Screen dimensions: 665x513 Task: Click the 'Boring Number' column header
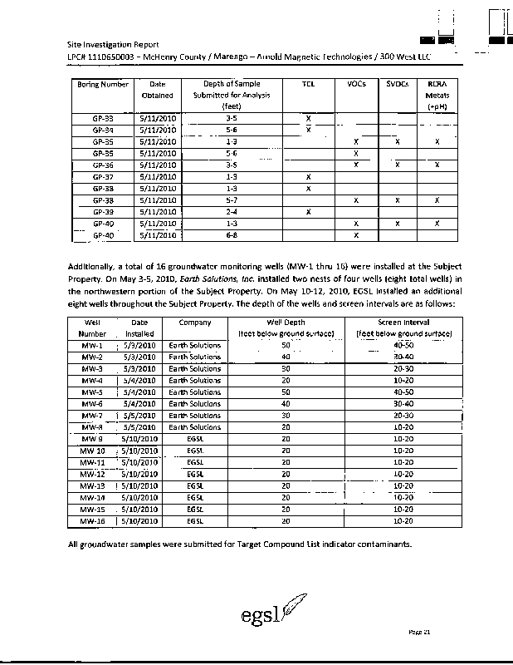tap(104, 85)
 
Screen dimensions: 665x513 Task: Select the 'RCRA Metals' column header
tap(437, 96)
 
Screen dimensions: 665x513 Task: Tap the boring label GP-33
tap(104, 119)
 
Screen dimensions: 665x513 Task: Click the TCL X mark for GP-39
tap(308, 212)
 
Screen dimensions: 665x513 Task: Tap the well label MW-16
tap(92, 520)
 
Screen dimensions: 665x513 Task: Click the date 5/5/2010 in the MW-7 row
tap(139, 415)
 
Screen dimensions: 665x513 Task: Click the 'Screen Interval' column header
tap(403, 322)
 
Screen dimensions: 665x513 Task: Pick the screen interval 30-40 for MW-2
tap(403, 357)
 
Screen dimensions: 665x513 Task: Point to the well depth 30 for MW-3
tap(286, 368)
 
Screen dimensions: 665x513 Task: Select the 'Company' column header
tap(194, 322)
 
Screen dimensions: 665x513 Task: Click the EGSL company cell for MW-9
tap(194, 439)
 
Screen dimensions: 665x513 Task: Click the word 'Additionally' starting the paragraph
tap(94, 265)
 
